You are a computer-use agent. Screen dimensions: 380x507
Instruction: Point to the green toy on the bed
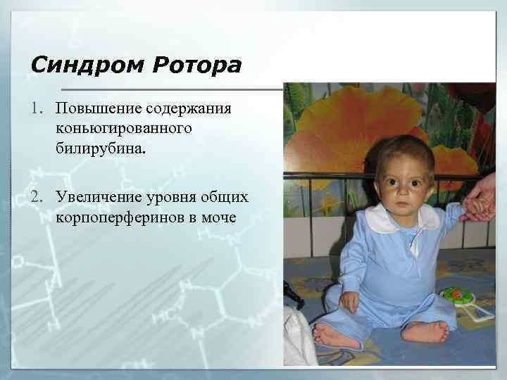point(458,296)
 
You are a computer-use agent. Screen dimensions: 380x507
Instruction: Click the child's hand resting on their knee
point(349,301)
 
